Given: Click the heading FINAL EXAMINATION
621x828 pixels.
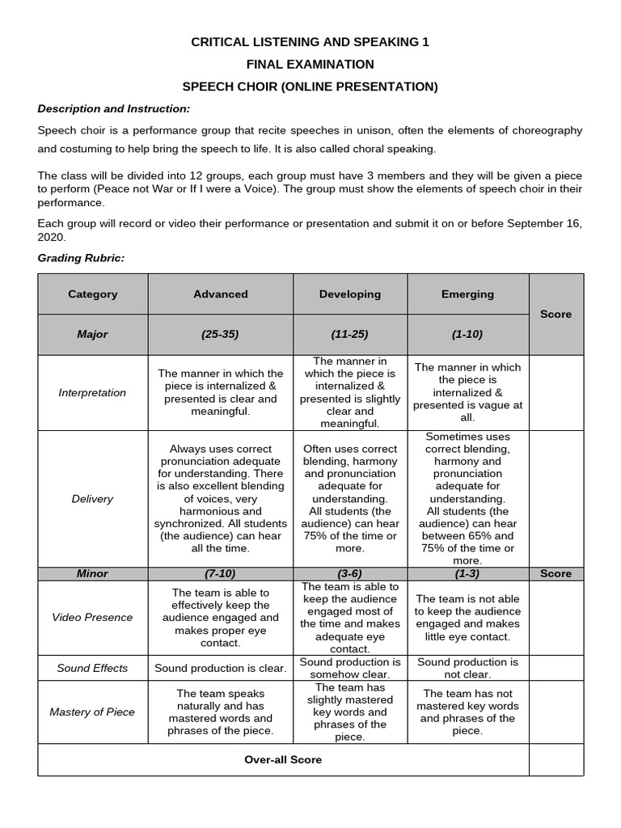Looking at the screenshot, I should click(x=310, y=64).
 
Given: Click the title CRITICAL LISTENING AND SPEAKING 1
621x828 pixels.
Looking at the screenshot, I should click(x=310, y=42).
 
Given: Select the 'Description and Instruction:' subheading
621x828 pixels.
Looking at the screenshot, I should click(x=114, y=108).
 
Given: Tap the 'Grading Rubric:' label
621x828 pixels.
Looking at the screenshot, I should click(x=81, y=257).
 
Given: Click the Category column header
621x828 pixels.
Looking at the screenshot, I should click(x=92, y=294).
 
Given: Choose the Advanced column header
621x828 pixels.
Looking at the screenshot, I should click(x=220, y=294).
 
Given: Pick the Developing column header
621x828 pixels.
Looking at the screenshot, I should click(x=349, y=294).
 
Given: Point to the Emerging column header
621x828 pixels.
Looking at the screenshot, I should click(x=467, y=294).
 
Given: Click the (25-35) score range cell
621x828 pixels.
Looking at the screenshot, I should click(x=220, y=334).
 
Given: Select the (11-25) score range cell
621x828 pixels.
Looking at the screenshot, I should click(x=349, y=334).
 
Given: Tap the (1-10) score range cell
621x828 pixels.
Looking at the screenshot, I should click(x=467, y=334).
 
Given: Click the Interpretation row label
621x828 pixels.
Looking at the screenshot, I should click(x=92, y=392).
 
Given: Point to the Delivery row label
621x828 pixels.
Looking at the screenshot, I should click(x=92, y=499).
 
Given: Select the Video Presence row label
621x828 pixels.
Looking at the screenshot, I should click(x=92, y=617).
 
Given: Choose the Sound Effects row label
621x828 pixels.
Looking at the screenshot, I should click(x=92, y=668).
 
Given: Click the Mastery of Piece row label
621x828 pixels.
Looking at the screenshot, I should click(x=92, y=712).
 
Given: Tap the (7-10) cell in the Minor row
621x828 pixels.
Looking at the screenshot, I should click(x=220, y=573).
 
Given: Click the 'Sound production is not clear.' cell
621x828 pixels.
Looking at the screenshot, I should click(x=467, y=668).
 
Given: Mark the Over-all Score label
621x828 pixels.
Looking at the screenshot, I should click(x=283, y=759).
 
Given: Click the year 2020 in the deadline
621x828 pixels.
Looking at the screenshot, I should click(x=52, y=238).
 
